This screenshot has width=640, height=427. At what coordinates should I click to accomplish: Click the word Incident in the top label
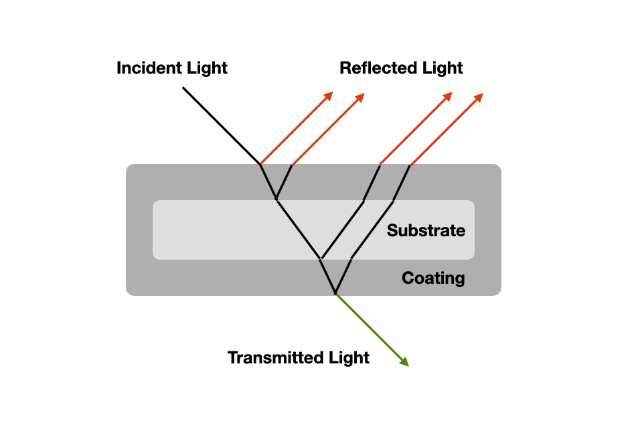pos(149,68)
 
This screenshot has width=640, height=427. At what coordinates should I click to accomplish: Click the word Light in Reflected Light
pos(442,68)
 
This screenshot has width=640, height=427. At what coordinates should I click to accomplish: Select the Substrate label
pos(426,231)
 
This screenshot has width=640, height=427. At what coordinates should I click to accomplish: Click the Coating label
pos(433,278)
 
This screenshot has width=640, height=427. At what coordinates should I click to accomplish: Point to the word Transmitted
pos(274,358)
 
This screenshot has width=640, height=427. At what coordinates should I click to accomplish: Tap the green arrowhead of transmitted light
pos(404,362)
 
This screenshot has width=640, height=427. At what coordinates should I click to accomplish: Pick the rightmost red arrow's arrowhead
pos(479,97)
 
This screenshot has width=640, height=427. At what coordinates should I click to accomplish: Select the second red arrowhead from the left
pos(360,96)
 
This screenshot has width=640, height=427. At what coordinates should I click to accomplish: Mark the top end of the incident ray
pos(183,87)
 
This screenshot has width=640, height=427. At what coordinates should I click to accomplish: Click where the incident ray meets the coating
pos(260,164)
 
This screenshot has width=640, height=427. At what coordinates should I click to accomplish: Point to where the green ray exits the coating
pos(335,293)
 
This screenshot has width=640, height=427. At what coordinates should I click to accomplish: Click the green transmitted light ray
pos(370,328)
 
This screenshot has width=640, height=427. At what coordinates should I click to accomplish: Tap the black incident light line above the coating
pos(222,125)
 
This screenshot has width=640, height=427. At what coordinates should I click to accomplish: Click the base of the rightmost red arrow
pos(410,165)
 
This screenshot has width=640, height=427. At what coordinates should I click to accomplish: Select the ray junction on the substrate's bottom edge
pos(321,258)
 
